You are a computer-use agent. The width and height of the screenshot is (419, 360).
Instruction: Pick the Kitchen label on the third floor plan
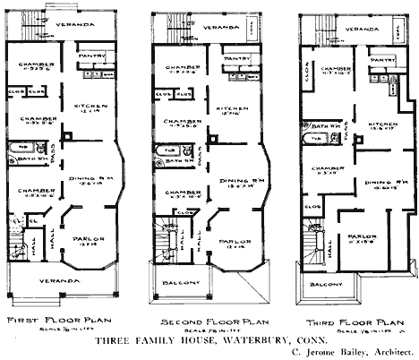tap(384, 124)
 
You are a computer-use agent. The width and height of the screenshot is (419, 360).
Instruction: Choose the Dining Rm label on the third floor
tap(384, 184)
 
